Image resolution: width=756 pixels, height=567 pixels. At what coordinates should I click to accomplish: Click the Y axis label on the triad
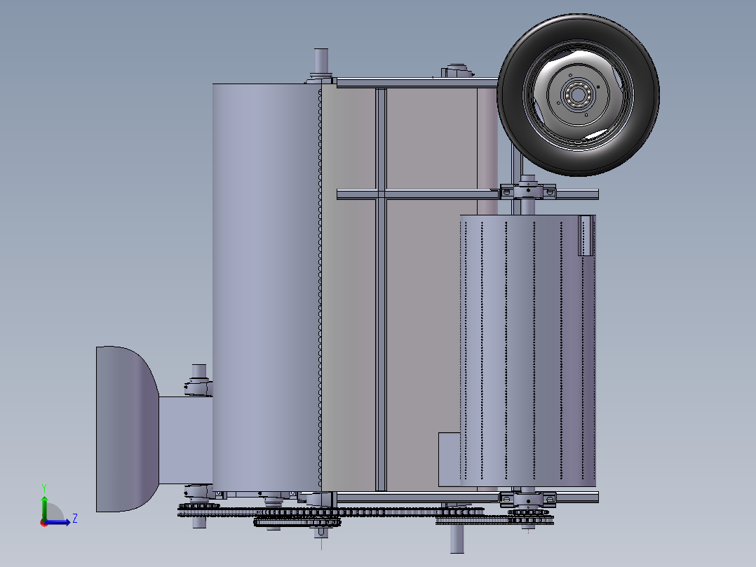point(43,487)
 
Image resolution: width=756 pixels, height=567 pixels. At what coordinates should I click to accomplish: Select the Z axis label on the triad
point(74,519)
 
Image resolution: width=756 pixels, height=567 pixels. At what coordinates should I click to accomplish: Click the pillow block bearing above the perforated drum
point(527,191)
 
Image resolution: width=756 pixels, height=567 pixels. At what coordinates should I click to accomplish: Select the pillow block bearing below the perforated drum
point(527,498)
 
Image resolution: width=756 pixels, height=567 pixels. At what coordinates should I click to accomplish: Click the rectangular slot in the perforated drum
point(586,235)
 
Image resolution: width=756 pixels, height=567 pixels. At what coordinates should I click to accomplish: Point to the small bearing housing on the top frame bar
point(457,71)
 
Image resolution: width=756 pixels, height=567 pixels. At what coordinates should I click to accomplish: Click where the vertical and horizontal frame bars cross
point(381,194)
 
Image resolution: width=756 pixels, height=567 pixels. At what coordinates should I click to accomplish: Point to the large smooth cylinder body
point(266,281)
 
